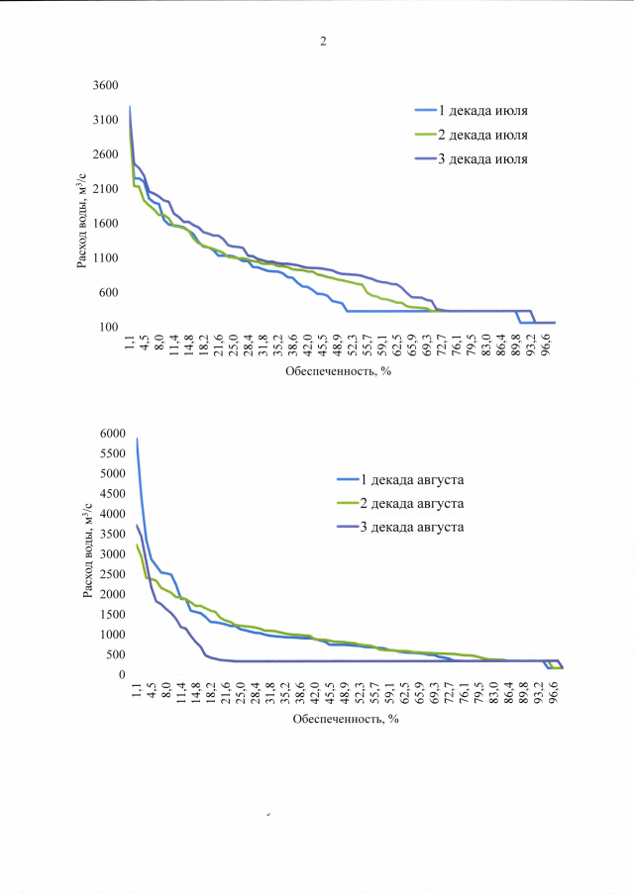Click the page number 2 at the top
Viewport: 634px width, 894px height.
click(x=323, y=42)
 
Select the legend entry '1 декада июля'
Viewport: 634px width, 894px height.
click(x=485, y=110)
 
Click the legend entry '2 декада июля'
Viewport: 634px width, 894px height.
click(x=485, y=134)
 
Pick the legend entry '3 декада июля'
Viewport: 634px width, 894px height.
click(x=485, y=158)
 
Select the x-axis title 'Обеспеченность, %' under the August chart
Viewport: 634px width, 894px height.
click(x=346, y=720)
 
